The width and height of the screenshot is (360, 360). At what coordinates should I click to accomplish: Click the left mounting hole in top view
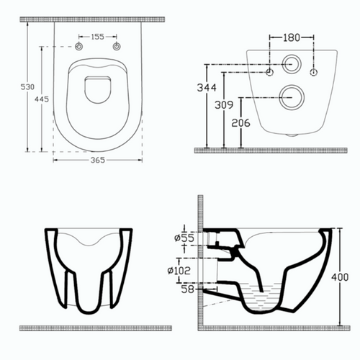click(x=78, y=48)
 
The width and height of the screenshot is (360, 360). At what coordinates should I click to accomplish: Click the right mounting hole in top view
click(x=117, y=48)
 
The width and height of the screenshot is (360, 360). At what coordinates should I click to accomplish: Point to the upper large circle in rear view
click(x=292, y=63)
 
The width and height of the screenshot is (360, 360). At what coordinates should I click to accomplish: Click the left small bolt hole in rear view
click(x=270, y=72)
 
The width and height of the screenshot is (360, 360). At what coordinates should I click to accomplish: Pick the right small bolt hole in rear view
click(x=314, y=72)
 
